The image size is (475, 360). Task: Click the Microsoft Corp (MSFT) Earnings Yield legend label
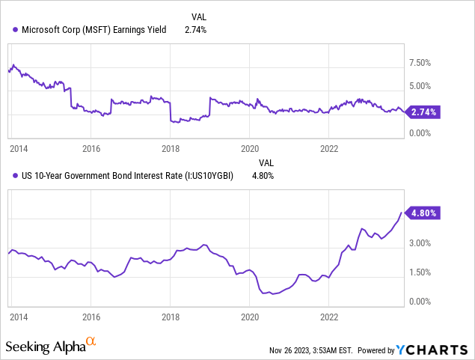98,30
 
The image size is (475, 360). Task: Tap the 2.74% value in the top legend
195,30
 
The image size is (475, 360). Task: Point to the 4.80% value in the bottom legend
261,177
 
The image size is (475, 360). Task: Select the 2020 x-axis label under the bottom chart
249,317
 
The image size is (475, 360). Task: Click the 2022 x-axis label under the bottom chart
329,317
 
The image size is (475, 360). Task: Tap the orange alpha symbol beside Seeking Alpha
91,342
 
